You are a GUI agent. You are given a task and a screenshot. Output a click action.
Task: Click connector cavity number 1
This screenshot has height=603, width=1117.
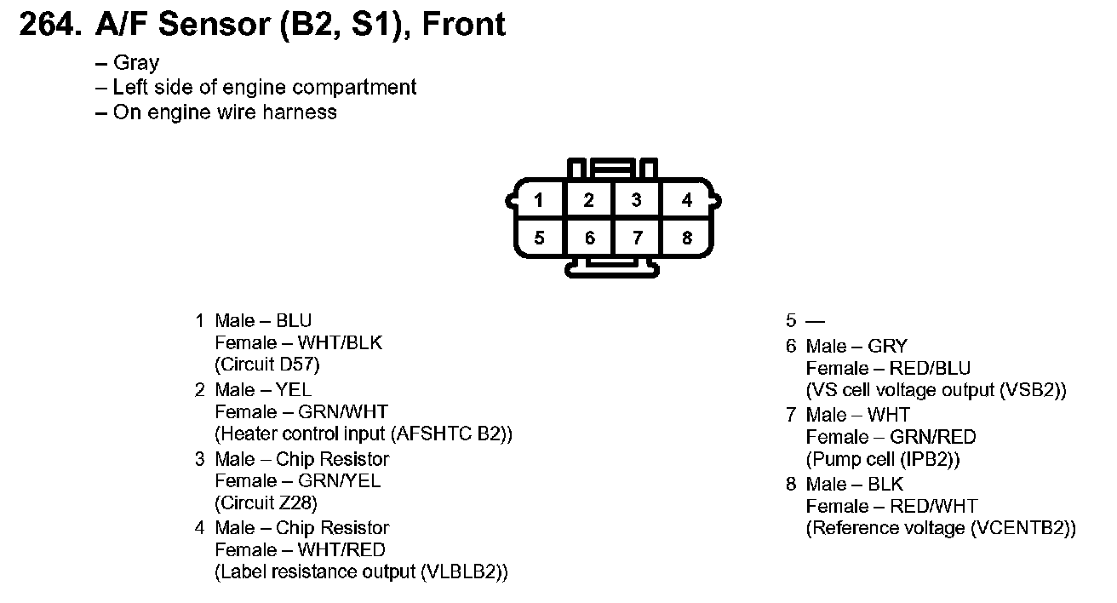click(539, 200)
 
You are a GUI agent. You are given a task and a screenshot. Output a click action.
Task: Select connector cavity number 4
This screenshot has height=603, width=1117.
click(687, 200)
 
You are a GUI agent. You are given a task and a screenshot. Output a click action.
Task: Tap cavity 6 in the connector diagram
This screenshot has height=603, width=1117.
click(589, 238)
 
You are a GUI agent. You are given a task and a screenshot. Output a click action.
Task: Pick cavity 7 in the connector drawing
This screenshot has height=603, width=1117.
click(638, 238)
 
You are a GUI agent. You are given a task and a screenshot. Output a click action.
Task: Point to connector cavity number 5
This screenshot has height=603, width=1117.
click(539, 238)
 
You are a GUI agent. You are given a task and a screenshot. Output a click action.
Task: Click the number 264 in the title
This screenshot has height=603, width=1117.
click(49, 24)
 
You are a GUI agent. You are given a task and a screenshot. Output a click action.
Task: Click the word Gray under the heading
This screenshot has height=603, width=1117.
click(136, 63)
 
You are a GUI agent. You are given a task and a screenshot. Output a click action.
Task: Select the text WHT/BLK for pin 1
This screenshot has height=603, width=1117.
click(340, 342)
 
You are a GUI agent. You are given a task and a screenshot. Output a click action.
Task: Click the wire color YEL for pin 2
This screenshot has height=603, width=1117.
click(293, 389)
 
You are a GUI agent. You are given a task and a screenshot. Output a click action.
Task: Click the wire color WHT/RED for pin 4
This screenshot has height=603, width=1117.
click(341, 549)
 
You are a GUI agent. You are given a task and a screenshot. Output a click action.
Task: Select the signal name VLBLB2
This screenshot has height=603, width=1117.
click(461, 571)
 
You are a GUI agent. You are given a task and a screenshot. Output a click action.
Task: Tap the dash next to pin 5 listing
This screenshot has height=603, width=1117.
click(815, 321)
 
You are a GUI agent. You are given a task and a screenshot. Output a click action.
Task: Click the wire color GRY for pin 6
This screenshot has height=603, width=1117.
click(888, 346)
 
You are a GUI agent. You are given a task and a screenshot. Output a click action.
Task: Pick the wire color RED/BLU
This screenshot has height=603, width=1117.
click(930, 368)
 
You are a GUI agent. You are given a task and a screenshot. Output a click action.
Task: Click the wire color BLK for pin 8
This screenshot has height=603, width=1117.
click(885, 484)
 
